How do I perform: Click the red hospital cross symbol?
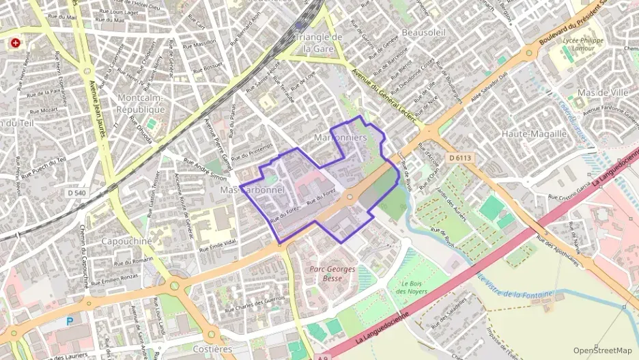[15, 43]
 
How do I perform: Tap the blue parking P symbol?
[70, 321]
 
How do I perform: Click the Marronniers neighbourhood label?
[341, 138]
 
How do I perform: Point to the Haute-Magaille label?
[535, 134]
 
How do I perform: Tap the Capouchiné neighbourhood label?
[126, 241]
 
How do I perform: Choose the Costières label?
[213, 348]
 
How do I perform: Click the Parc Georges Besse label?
[332, 273]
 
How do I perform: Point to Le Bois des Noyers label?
[411, 288]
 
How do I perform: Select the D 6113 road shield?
[461, 158]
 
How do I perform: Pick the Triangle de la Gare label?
[317, 42]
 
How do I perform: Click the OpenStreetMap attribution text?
[603, 350]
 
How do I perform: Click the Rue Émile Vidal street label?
[218, 245]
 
